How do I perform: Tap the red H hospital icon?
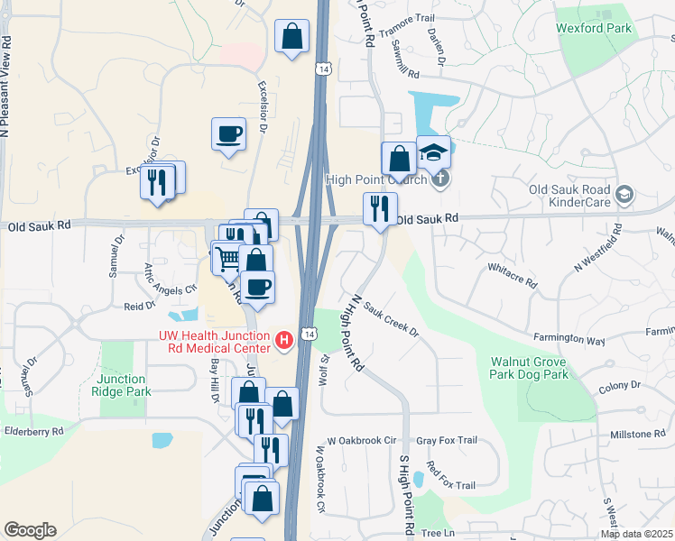point(284,340)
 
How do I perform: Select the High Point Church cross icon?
point(439,178)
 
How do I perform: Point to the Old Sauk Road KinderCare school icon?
point(624,194)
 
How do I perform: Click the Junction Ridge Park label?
point(122,385)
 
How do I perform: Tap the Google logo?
point(30,530)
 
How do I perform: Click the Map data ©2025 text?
point(637,534)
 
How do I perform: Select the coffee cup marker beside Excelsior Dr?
point(228,134)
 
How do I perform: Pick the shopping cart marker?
point(228,257)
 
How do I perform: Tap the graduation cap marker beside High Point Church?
point(433,151)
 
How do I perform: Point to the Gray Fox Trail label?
point(446,440)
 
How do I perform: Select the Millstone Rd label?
point(637,435)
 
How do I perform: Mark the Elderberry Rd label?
point(32,431)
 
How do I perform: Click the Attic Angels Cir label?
point(171,279)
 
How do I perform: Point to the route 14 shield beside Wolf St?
point(310,334)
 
